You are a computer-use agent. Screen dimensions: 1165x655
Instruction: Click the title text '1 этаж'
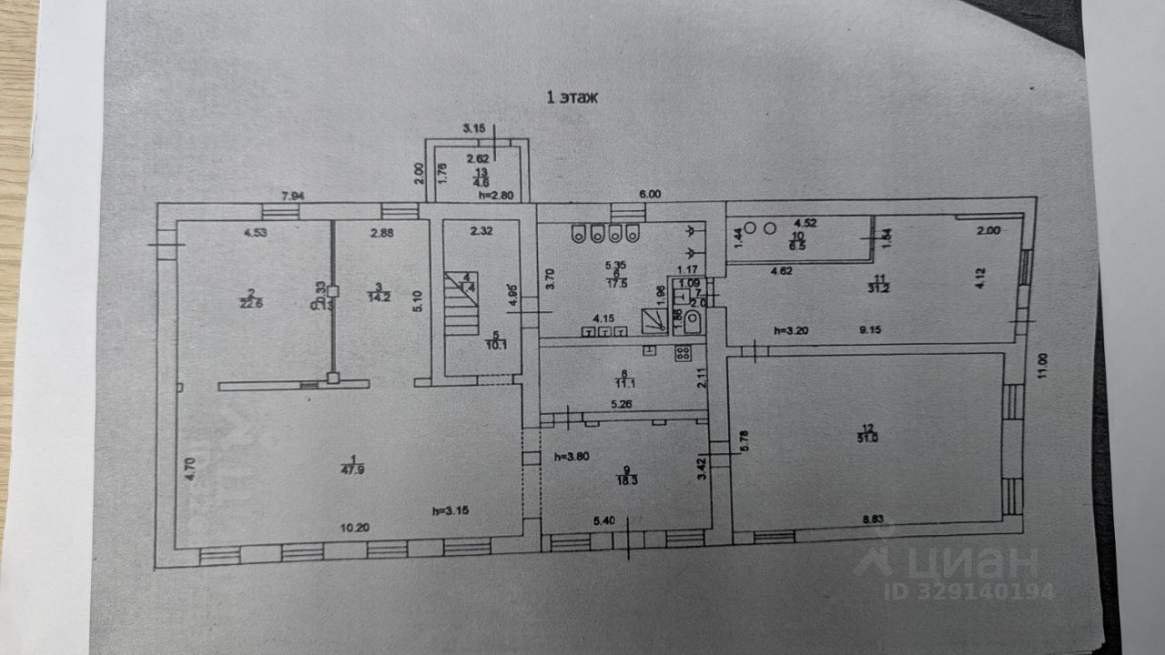click(572, 97)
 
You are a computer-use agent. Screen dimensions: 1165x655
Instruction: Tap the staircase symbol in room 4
click(461, 305)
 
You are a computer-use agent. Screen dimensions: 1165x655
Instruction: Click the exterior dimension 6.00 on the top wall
click(649, 195)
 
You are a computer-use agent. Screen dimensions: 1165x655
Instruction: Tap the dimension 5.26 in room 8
click(622, 405)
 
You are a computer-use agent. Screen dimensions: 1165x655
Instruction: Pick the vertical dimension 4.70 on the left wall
click(191, 469)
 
